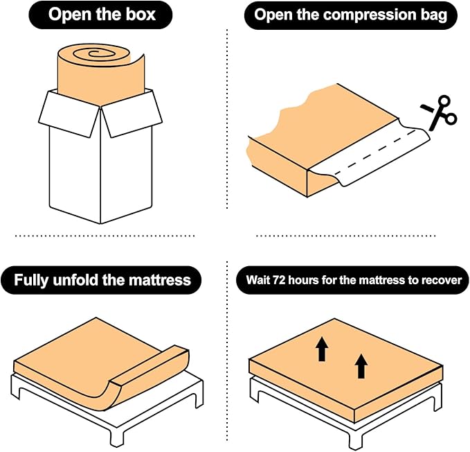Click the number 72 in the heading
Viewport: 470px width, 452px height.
[x=279, y=280]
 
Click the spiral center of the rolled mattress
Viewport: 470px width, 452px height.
[x=94, y=53]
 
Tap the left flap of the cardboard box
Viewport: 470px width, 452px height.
[x=69, y=114]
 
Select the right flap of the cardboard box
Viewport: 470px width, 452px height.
[x=132, y=114]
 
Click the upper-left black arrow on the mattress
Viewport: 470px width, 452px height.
[x=322, y=349]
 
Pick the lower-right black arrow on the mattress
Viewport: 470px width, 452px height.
[x=361, y=366]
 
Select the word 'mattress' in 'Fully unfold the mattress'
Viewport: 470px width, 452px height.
[x=160, y=279]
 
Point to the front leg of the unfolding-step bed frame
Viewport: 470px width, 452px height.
[x=117, y=435]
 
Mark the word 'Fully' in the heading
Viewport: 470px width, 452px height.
[x=31, y=280]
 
